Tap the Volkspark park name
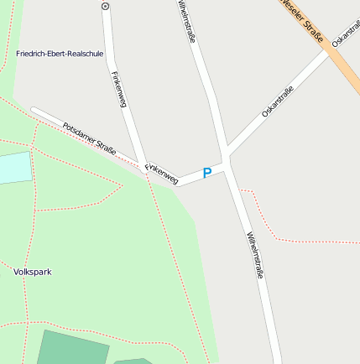pos(33,272)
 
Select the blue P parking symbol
pos(206,173)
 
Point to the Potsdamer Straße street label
pos(89,137)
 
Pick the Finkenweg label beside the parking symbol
pos(162,173)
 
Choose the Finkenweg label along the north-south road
pos(118,89)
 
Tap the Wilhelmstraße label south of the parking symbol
pos(255,255)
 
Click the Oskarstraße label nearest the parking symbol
pos(278,101)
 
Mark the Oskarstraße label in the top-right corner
pos(345,30)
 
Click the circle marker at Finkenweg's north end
pos(106,6)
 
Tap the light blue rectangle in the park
pos(14,168)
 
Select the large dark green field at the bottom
pos(73,349)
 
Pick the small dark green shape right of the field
pos(133,361)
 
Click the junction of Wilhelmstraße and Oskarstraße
pos(226,156)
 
